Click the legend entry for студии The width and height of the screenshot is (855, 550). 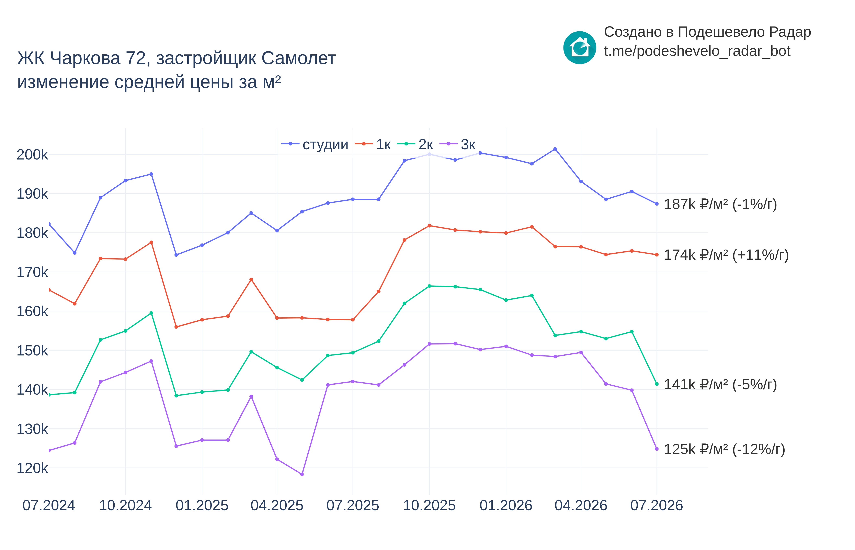point(315,144)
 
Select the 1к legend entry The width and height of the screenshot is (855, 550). point(373,144)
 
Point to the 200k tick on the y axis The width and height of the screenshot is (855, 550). point(32,155)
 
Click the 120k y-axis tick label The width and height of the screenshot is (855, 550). point(32,468)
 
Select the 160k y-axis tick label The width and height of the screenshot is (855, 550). point(32,311)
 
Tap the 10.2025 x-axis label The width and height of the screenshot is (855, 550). point(429,505)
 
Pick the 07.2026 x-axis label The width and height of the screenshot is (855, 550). point(657,505)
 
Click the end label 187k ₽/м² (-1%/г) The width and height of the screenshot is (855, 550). point(720,204)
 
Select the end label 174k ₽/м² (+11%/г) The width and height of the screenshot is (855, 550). point(726,255)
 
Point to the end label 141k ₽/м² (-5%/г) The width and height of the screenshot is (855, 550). point(720,385)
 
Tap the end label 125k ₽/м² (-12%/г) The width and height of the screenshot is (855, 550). point(724,449)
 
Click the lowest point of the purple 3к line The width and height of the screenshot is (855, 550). point(302,474)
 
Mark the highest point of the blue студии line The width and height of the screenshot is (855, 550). point(555,149)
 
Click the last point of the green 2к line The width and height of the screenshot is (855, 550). point(657,384)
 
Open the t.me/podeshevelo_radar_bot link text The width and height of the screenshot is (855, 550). point(697,51)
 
